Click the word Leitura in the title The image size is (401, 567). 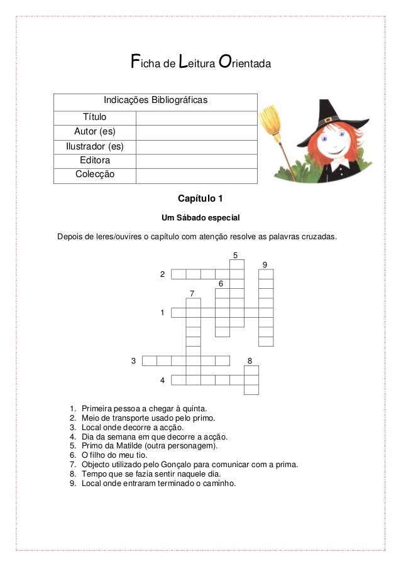point(196,63)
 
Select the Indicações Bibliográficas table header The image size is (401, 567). point(155,101)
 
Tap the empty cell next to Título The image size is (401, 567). point(195,117)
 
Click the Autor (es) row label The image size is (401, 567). point(95,132)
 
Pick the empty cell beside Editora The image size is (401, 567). point(195,161)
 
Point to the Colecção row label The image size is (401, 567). point(95,175)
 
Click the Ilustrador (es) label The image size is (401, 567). point(95,146)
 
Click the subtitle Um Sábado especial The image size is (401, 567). point(200,218)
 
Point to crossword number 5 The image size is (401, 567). point(236,255)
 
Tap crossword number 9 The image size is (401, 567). point(265,264)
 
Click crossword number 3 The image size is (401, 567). point(133,360)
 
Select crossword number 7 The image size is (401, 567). point(192,293)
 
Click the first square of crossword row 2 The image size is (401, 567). point(179,274)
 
